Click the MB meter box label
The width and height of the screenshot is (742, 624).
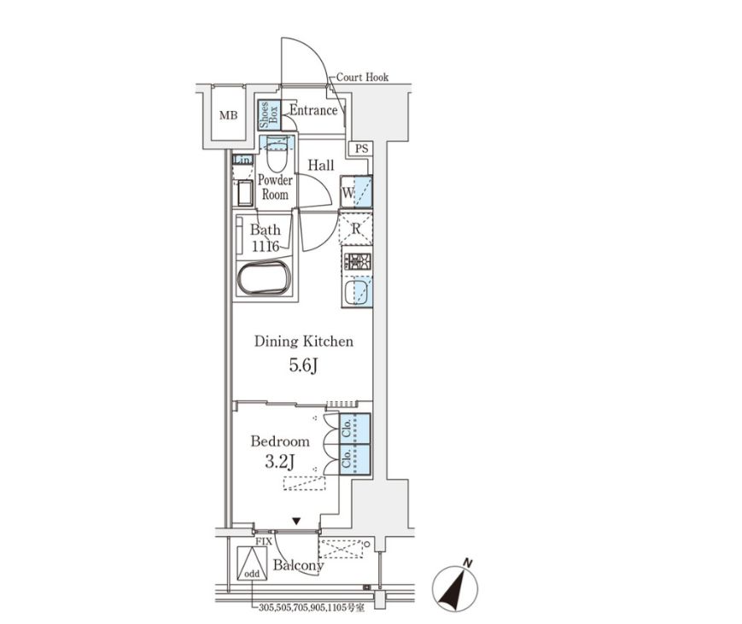click(228, 115)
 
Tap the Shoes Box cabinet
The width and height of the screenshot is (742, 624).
click(269, 115)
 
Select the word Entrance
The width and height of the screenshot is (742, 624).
click(313, 110)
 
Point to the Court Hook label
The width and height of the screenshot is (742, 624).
click(363, 77)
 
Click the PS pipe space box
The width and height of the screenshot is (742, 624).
click(361, 149)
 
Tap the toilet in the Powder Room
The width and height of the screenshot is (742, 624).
click(277, 154)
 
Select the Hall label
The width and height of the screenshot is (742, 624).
click(321, 165)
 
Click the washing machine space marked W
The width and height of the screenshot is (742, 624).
click(356, 191)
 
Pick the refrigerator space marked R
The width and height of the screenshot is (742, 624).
click(356, 229)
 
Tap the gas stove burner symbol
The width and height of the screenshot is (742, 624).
click(357, 261)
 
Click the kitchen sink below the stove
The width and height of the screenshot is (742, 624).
click(357, 292)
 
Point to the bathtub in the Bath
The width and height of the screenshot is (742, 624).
click(264, 278)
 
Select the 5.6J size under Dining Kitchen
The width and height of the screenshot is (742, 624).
click(303, 365)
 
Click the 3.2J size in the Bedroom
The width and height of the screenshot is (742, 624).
click(280, 461)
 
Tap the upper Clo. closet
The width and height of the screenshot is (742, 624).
click(355, 429)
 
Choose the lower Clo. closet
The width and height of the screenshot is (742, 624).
click(355, 459)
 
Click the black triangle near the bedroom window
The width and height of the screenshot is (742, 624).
click(296, 522)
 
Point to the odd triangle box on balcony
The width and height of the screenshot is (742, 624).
click(252, 563)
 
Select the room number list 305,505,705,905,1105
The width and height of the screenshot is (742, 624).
click(312, 607)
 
